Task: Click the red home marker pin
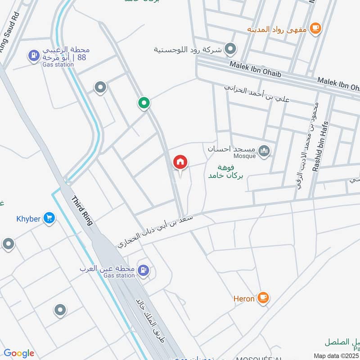[180, 162]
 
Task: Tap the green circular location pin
[144, 103]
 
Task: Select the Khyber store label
[29, 219]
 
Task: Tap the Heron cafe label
[244, 298]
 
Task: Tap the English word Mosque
[245, 156]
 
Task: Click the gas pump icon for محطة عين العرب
[144, 270]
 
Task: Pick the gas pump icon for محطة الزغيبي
[33, 56]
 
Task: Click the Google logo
[19, 353]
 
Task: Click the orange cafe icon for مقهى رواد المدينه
[316, 28]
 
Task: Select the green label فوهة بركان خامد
[225, 171]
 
